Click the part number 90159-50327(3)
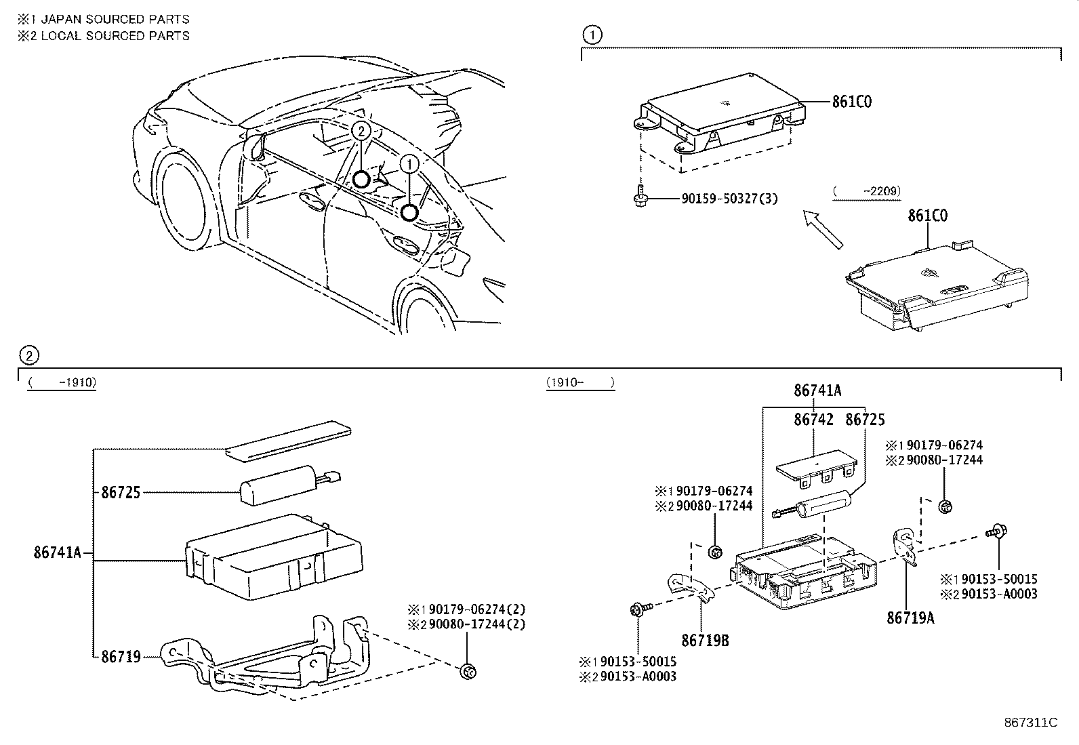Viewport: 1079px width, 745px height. coord(729,199)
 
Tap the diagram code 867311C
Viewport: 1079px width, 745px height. coord(1030,722)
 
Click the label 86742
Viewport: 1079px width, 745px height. coord(813,420)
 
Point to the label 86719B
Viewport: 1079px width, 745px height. coord(705,639)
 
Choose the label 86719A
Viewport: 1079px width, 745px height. coord(910,618)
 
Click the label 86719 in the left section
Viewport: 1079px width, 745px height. coord(121,656)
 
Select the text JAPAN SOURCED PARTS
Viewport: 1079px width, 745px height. coord(115,20)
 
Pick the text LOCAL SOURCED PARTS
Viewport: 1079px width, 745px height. coord(115,36)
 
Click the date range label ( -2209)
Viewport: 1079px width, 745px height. coord(867,191)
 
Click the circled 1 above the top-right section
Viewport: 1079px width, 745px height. coord(592,35)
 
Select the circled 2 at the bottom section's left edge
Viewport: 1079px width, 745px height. coord(28,355)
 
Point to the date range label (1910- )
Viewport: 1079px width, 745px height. coord(580,383)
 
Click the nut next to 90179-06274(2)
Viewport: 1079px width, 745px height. coord(467,671)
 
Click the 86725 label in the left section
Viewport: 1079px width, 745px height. coord(121,493)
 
